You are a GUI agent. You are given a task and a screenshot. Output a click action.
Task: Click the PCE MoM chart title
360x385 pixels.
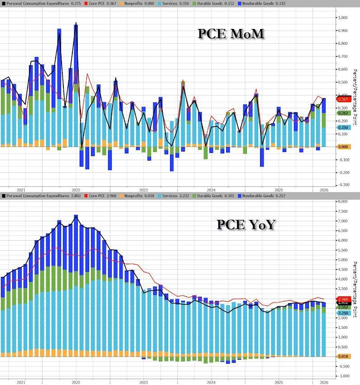(x=231, y=34)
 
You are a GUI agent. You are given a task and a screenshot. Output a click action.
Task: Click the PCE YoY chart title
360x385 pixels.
(x=246, y=224)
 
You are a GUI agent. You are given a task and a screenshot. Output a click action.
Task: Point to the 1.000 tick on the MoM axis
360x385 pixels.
(x=343, y=18)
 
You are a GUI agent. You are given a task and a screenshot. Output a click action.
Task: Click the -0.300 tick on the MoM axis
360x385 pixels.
(x=343, y=185)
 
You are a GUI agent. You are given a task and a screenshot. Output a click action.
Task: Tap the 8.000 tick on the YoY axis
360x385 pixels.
(x=343, y=201)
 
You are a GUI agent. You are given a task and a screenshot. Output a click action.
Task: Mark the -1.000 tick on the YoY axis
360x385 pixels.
(x=343, y=376)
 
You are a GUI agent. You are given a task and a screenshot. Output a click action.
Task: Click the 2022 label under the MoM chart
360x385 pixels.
(x=76, y=190)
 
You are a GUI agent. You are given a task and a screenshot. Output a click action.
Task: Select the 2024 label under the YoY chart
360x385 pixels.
(x=211, y=382)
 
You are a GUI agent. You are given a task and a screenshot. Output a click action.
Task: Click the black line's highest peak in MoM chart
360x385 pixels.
(x=76, y=23)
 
